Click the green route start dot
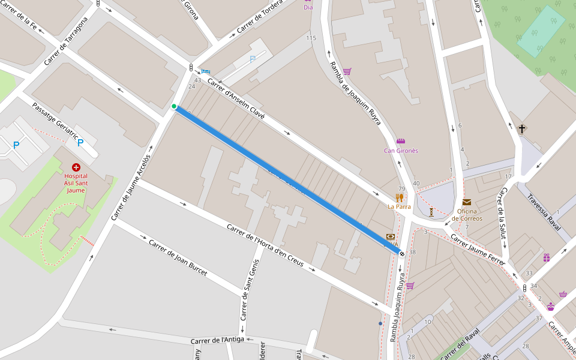(x=174, y=107)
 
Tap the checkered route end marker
(x=401, y=253)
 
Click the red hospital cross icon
(x=76, y=167)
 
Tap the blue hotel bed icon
(x=206, y=71)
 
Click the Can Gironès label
(x=401, y=151)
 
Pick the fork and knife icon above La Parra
(x=399, y=197)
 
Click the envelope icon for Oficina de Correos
(x=467, y=202)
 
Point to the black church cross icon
(x=522, y=128)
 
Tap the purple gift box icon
(x=546, y=258)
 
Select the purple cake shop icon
(x=550, y=307)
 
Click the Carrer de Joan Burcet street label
(x=178, y=258)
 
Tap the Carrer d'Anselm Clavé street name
(x=236, y=98)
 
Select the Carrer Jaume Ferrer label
(x=478, y=250)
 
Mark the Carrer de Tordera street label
(x=259, y=19)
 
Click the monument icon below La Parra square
(x=431, y=212)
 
